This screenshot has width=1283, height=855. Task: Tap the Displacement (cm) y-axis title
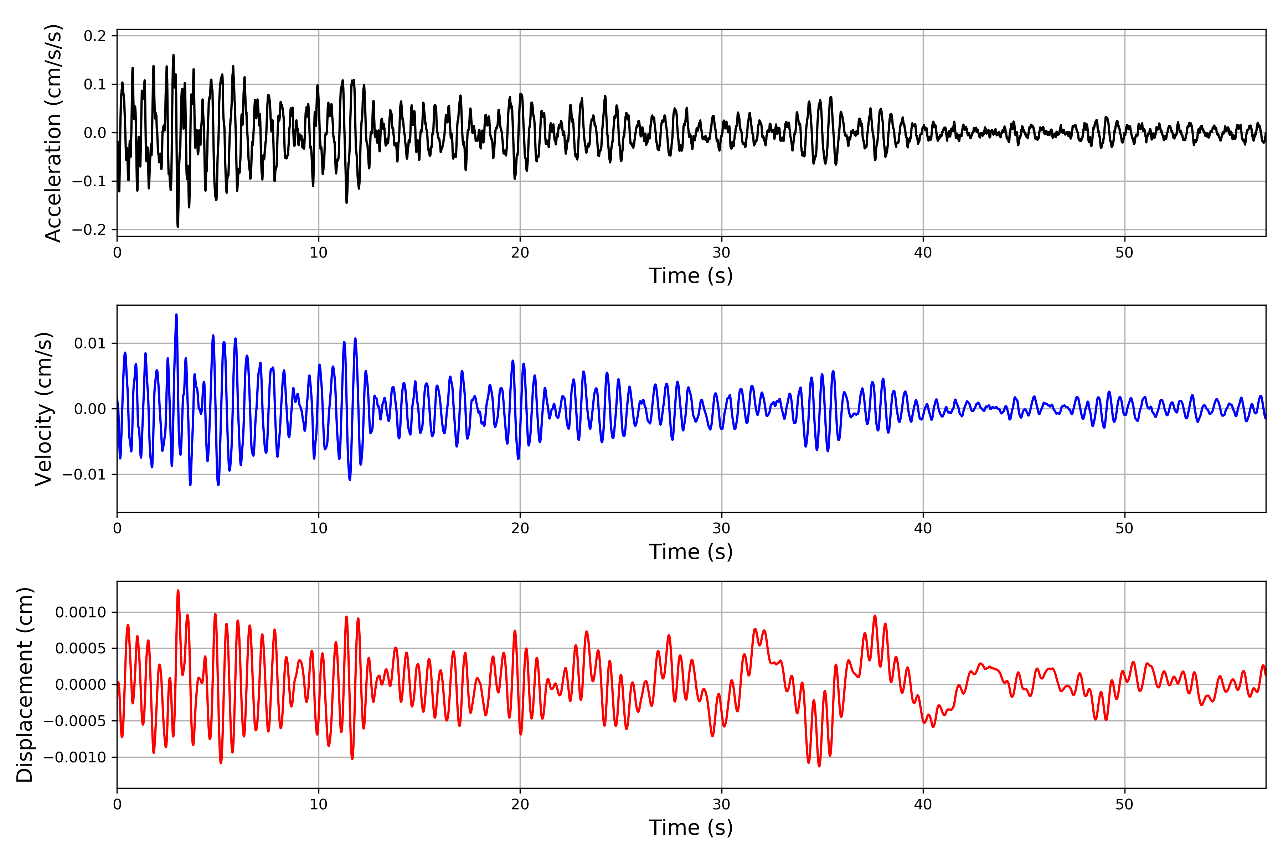[25, 685]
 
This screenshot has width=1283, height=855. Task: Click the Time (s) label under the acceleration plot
[691, 276]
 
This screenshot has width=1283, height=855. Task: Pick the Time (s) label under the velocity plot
[691, 552]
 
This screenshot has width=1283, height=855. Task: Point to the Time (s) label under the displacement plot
[691, 828]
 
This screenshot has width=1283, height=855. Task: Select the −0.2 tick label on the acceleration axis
[89, 229]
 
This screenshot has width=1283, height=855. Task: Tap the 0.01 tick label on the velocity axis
[90, 343]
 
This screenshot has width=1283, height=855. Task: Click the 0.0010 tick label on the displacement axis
[81, 612]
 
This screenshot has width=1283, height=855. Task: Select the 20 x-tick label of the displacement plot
[520, 804]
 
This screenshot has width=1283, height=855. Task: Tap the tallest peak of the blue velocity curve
[176, 315]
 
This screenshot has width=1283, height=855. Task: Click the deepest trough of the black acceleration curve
[178, 226]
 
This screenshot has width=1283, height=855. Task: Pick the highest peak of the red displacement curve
[178, 591]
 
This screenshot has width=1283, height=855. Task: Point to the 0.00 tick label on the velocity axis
[90, 409]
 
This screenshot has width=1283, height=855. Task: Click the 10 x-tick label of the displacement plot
[319, 804]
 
